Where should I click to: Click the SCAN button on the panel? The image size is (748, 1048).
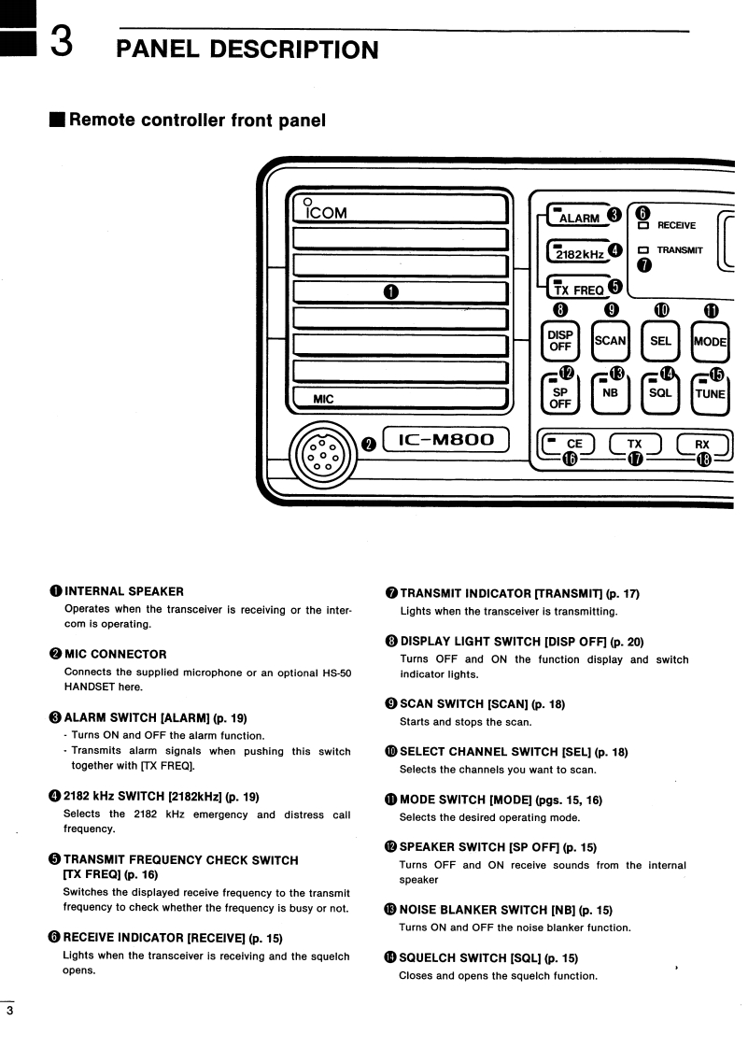pyautogui.click(x=611, y=341)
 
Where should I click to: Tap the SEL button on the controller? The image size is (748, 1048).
pyautogui.click(x=660, y=341)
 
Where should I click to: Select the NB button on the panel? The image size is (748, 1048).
pyautogui.click(x=611, y=394)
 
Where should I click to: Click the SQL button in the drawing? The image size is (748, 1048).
pyautogui.click(x=660, y=394)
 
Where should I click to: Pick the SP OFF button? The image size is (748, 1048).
pyautogui.click(x=560, y=397)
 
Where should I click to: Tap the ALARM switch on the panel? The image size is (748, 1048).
pyautogui.click(x=578, y=218)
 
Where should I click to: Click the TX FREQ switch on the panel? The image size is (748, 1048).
pyautogui.click(x=578, y=290)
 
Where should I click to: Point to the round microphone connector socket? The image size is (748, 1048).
pyautogui.click(x=322, y=456)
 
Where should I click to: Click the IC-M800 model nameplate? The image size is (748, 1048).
pyautogui.click(x=445, y=440)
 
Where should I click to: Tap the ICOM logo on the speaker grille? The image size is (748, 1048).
pyautogui.click(x=322, y=212)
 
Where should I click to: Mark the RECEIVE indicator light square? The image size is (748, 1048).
pyautogui.click(x=643, y=225)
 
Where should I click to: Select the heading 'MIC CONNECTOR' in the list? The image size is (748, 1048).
pyautogui.click(x=115, y=654)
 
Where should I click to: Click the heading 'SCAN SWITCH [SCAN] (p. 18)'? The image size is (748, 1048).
pyautogui.click(x=482, y=704)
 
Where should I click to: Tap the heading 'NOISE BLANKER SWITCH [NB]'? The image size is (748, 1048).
pyautogui.click(x=506, y=910)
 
